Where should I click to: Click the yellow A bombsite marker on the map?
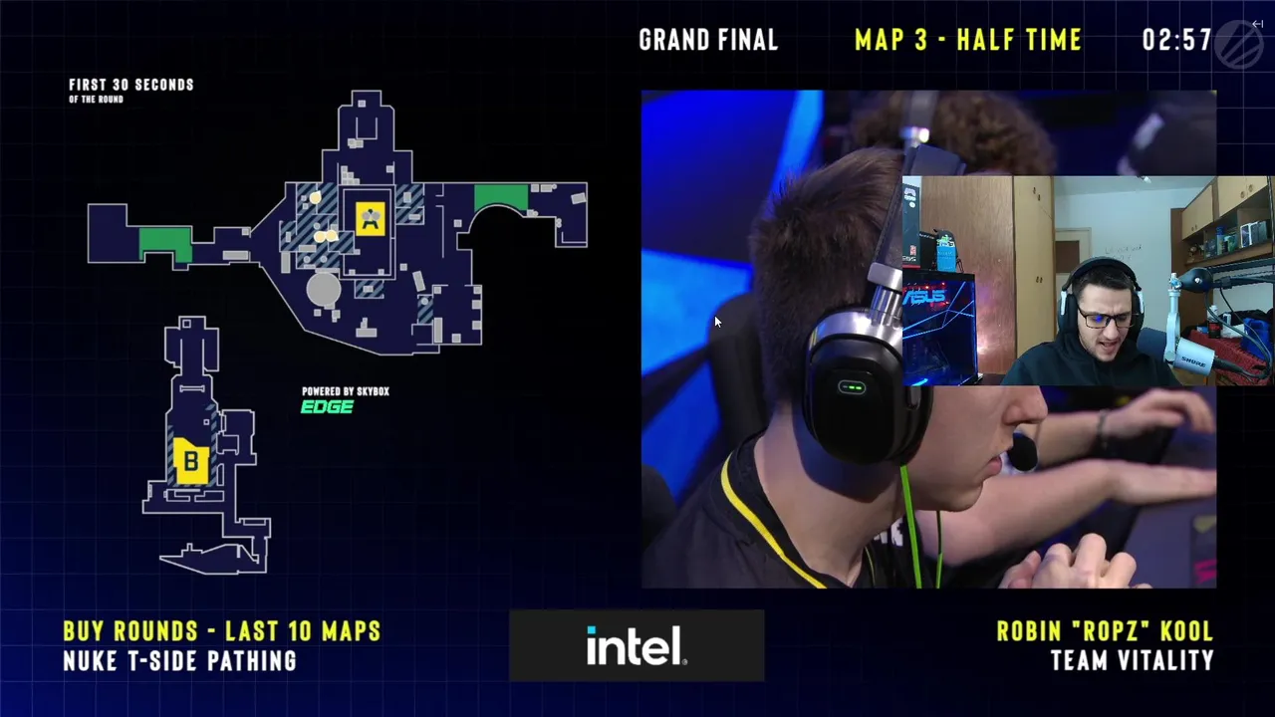370,218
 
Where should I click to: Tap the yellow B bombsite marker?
191,461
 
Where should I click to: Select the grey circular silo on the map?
324,289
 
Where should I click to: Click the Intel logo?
637,645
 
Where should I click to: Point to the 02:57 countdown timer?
1176,40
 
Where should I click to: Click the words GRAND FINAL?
708,40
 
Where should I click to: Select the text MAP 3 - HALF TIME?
968,40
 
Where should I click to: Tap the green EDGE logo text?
328,407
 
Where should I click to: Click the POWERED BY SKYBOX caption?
346,391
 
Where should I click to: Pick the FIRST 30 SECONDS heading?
131,85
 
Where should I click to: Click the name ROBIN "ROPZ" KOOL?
1105,631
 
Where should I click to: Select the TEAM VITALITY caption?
1133,660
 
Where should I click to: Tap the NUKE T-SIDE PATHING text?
180,660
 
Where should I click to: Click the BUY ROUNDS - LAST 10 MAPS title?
222,631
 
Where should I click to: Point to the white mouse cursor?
718,322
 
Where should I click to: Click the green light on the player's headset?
852,388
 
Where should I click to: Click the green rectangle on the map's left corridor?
165,244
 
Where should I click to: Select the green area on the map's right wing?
501,196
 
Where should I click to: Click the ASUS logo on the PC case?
926,297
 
